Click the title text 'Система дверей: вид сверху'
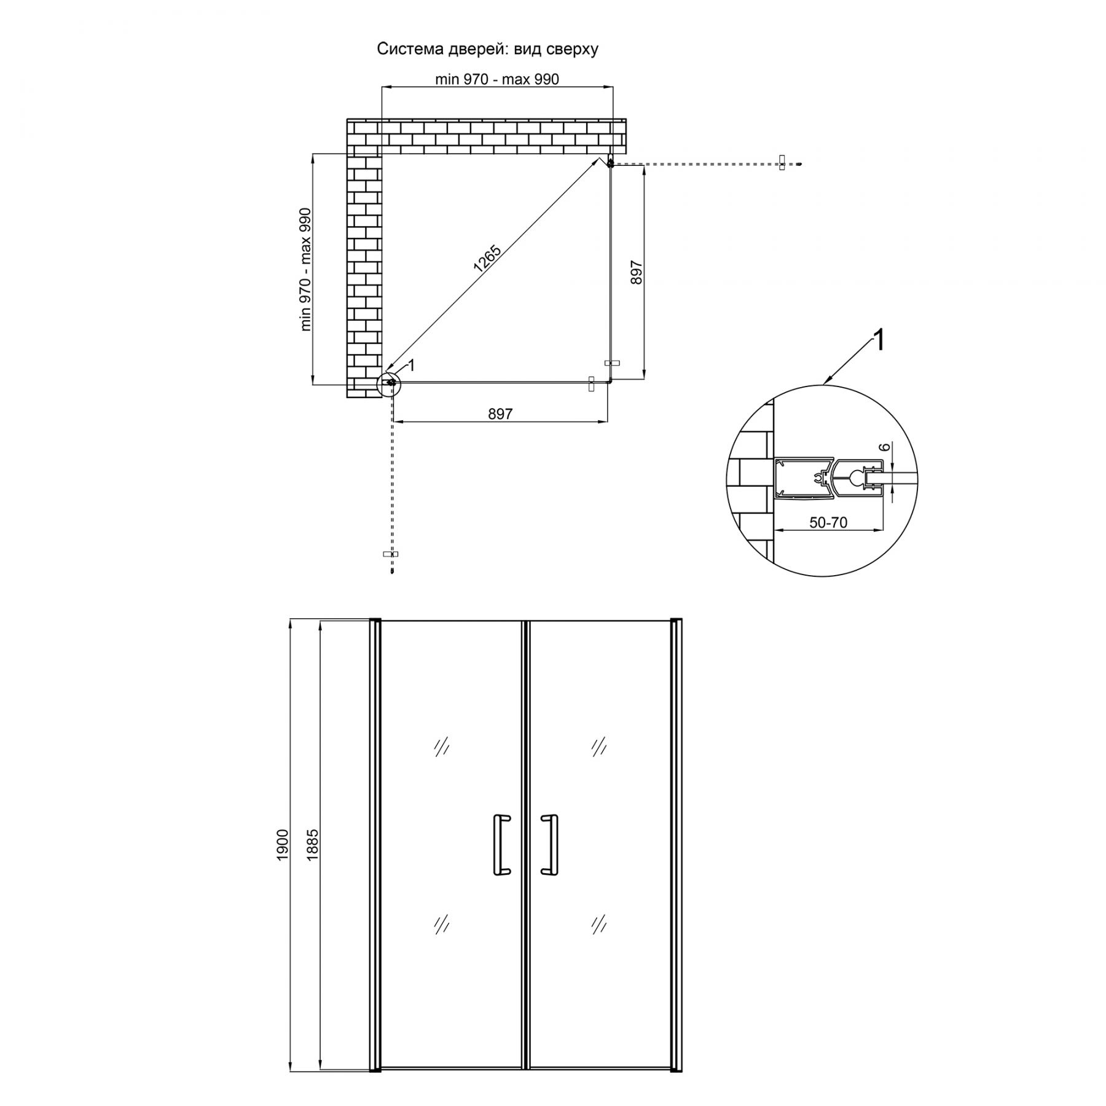(487, 50)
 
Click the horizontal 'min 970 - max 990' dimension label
(497, 79)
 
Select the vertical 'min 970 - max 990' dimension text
(305, 270)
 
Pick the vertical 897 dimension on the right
(637, 272)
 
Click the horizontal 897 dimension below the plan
(500, 414)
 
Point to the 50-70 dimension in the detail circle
(828, 522)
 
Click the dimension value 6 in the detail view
(885, 448)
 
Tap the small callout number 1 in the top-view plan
(412, 365)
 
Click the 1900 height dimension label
(282, 845)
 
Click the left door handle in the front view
(501, 844)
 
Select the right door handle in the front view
(549, 844)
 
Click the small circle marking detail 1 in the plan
(389, 382)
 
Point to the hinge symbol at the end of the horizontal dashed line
(782, 163)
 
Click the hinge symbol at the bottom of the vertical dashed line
(391, 554)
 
